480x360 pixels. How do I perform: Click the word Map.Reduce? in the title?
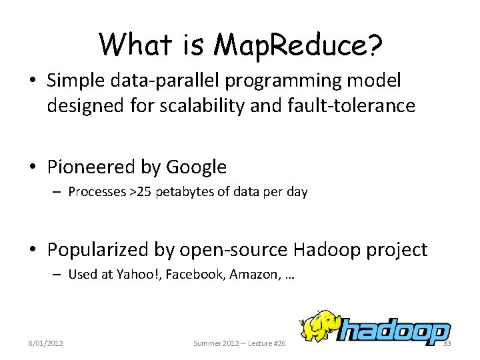point(299,45)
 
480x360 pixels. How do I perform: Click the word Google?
point(197,167)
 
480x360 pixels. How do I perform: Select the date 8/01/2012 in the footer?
point(45,343)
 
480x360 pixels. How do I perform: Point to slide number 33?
point(447,343)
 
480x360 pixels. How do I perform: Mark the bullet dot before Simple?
point(33,81)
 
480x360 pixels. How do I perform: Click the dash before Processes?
point(57,192)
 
